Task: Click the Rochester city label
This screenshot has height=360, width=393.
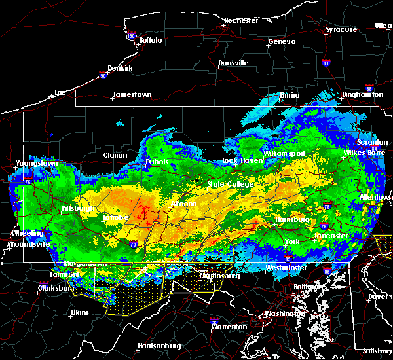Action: [x=242, y=20]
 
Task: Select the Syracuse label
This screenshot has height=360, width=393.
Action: [x=341, y=29]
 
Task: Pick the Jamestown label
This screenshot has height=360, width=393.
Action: [x=132, y=94]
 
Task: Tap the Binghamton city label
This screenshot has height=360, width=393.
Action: [x=362, y=94]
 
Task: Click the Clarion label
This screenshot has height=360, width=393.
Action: [x=115, y=155]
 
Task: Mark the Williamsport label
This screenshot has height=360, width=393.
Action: [x=284, y=153]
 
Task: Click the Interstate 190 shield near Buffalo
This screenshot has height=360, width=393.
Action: [x=130, y=36]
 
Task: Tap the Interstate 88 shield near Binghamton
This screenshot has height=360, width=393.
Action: [x=369, y=86]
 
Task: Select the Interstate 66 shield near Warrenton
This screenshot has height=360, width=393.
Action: [x=214, y=321]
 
